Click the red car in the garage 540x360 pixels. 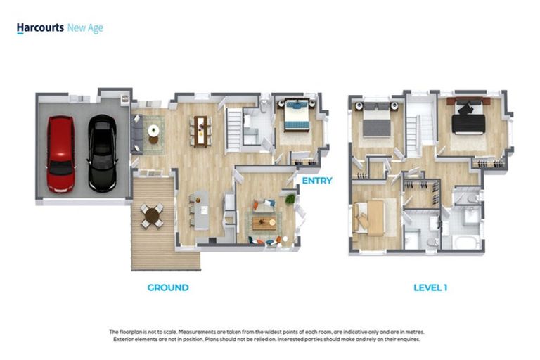coord(60,154)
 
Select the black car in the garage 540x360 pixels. coord(102,153)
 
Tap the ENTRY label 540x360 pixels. coord(317,181)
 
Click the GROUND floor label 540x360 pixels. coord(168,288)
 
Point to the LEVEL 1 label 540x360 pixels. coord(430,288)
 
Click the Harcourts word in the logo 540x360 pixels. coord(40,27)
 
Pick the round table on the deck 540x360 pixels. coord(152,217)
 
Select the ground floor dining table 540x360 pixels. coord(200,131)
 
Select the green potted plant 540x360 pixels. coord(290,199)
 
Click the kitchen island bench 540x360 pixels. coord(202,210)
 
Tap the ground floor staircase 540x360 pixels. coord(234,129)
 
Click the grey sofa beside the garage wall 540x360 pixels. coord(136,134)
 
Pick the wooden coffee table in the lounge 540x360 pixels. coord(264,223)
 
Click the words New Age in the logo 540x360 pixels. coord(85,28)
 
